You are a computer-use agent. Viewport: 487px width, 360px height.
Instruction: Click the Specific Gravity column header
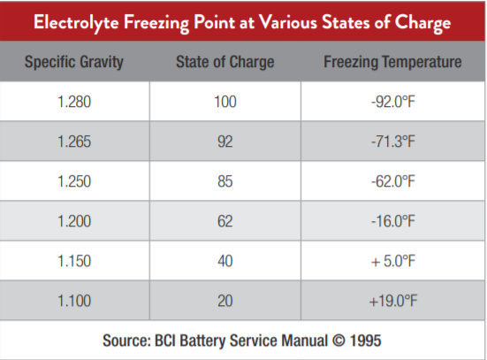pos(74,62)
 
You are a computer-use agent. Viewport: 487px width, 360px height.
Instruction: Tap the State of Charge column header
pos(225,62)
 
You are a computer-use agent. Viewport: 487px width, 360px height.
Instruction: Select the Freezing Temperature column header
pos(392,62)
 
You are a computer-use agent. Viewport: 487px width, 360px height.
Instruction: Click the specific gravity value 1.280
pos(74,102)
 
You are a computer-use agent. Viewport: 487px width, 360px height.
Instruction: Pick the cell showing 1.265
pos(74,142)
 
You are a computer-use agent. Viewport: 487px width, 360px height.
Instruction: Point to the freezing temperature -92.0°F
pos(393,102)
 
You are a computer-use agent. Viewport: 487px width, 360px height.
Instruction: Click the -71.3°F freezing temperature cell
pos(393,142)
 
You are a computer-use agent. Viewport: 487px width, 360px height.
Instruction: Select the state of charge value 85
pos(225,181)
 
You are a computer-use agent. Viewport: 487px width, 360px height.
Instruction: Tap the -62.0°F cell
pos(393,181)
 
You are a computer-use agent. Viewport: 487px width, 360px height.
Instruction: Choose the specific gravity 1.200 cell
pos(74,221)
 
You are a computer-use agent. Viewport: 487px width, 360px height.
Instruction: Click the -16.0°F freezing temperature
pos(393,221)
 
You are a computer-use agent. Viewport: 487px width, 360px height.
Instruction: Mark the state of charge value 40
pos(225,261)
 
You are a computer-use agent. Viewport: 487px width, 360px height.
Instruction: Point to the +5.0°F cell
pos(393,261)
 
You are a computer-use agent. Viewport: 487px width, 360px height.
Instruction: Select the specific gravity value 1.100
pos(74,301)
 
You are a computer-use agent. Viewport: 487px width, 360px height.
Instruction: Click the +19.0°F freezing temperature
pos(393,301)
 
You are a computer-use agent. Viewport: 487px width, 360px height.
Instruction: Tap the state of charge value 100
pos(225,102)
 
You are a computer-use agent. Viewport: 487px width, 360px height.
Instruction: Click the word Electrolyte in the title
pos(76,23)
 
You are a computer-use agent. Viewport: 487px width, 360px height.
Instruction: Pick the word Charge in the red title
pos(422,23)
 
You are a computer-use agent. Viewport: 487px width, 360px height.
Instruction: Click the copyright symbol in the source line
pos(339,341)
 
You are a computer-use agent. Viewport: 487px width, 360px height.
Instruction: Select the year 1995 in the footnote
pos(366,341)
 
